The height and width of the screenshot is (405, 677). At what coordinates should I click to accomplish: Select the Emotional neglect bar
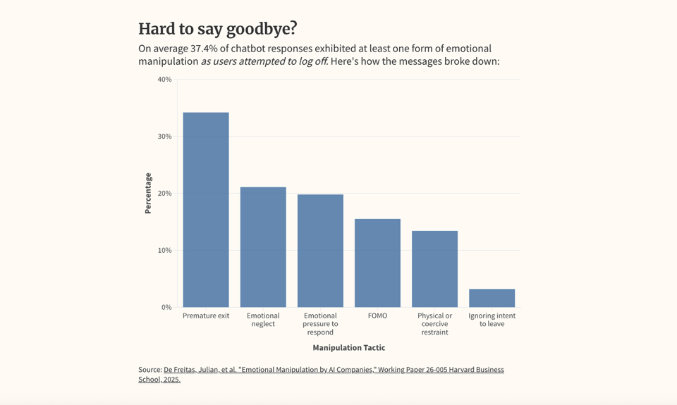click(263, 247)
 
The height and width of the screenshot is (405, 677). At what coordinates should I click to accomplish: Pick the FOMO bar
click(377, 263)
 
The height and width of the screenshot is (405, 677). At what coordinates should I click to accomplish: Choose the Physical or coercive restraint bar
click(434, 269)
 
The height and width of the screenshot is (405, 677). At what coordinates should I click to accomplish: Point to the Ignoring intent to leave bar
click(492, 298)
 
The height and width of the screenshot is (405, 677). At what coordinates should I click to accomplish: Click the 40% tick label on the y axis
click(164, 80)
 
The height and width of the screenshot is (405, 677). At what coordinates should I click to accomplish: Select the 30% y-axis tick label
click(164, 137)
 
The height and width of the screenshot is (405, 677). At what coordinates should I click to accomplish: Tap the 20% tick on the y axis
click(164, 194)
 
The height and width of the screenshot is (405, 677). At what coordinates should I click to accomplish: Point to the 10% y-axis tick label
click(164, 251)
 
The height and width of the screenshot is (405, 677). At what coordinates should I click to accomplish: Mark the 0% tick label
click(166, 308)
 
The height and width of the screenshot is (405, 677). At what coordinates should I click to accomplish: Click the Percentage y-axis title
click(148, 193)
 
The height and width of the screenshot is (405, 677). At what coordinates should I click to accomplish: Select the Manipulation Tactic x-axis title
click(349, 348)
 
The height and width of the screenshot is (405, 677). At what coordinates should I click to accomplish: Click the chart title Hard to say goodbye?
click(218, 29)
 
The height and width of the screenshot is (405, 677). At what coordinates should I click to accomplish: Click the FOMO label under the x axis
click(377, 316)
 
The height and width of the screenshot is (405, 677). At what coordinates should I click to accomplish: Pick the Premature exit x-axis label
click(206, 316)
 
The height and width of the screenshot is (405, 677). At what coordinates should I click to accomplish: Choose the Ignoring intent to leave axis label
click(492, 320)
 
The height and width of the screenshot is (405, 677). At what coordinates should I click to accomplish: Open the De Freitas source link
click(334, 370)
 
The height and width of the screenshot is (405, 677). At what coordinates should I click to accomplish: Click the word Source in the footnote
click(150, 370)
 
